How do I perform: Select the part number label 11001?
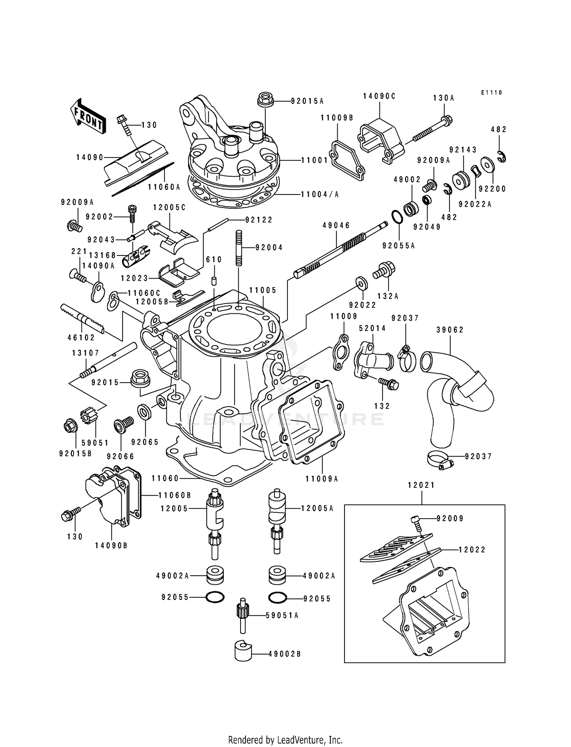[x=314, y=160]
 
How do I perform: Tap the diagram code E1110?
[x=491, y=93]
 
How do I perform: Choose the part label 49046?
[x=336, y=225]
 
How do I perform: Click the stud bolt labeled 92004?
[x=239, y=247]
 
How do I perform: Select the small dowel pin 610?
[x=214, y=282]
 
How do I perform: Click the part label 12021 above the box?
[x=421, y=485]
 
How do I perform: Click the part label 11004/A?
[x=320, y=194]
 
